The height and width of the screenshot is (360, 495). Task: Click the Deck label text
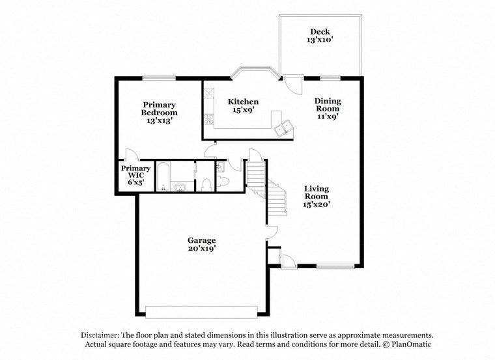(x=319, y=31)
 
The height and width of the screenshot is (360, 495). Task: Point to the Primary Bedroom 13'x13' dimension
(x=159, y=121)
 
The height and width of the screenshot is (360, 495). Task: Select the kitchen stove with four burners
(x=210, y=119)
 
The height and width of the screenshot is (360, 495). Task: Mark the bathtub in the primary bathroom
(x=163, y=175)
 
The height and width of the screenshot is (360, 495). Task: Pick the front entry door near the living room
(x=285, y=260)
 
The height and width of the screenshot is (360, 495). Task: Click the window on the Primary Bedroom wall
(x=159, y=78)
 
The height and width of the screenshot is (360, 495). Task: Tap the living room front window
(x=335, y=266)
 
